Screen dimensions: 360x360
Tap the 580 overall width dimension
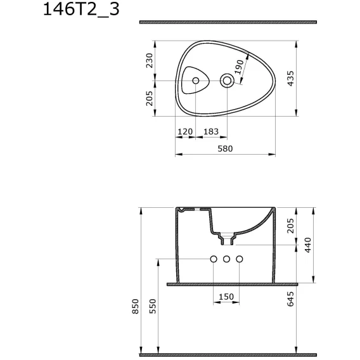coord(225,148)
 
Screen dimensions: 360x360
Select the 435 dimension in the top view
coord(290,79)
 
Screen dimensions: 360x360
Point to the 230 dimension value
coord(149,60)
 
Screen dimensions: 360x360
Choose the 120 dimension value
coord(185,132)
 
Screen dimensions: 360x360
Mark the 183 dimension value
coord(211,132)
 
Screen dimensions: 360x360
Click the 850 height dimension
coord(136,306)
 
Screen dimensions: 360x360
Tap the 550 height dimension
coord(153,306)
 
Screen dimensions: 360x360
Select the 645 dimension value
coord(290,299)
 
